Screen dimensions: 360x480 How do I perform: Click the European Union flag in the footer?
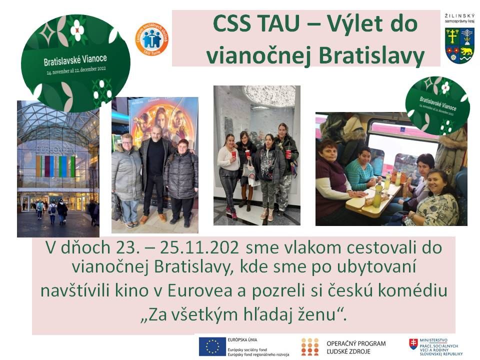coord(212,346)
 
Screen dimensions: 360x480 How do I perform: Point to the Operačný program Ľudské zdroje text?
coord(355,347)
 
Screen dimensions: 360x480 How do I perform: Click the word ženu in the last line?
coord(313,315)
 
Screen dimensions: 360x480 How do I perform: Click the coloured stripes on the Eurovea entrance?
coord(55,166)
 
